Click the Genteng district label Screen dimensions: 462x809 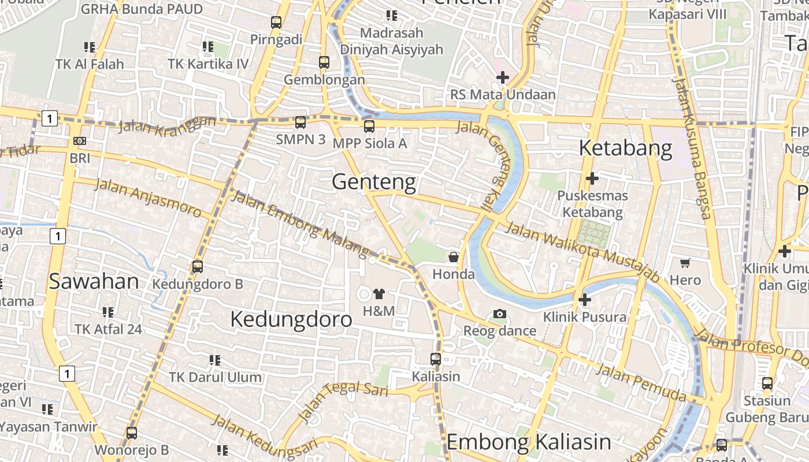[374, 182]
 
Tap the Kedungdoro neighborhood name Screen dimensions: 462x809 [291, 319]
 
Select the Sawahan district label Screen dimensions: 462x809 [94, 281]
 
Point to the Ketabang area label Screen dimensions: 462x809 [625, 148]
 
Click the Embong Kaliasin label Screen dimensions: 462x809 [529, 442]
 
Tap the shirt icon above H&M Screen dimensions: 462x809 [379, 294]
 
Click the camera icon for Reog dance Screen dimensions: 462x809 [500, 314]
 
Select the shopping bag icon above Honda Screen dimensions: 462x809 [454, 256]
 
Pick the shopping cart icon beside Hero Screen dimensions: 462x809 [685, 263]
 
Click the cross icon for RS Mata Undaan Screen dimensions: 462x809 [503, 77]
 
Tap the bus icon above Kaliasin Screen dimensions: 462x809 [436, 359]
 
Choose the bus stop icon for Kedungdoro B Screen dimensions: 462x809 [198, 266]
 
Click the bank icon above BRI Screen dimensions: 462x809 [80, 140]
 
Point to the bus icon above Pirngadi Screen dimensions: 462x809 [276, 23]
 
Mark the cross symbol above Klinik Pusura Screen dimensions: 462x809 [585, 300]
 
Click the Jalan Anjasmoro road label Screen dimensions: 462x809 [148, 198]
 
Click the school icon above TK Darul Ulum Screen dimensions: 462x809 [215, 360]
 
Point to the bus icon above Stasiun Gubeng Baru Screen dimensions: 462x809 [767, 383]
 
